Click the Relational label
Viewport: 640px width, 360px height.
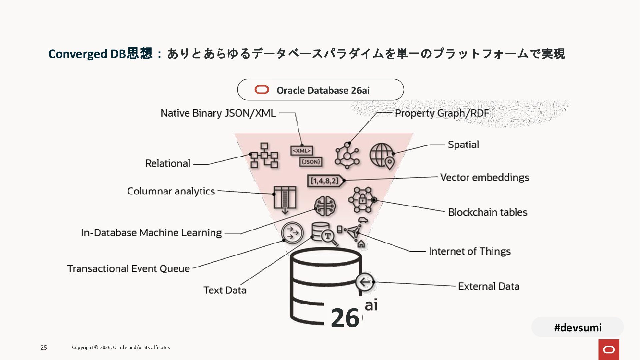click(168, 163)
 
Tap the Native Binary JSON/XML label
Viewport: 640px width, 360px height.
click(218, 113)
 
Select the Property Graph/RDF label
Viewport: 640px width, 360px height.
click(442, 113)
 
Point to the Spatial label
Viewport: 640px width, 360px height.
click(463, 145)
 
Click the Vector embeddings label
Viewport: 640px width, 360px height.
click(484, 177)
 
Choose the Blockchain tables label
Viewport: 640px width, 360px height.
click(487, 212)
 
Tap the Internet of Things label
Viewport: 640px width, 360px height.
click(469, 251)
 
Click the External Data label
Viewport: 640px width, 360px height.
click(489, 286)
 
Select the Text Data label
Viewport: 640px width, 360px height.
click(225, 290)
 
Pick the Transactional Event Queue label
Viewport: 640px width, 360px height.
click(128, 269)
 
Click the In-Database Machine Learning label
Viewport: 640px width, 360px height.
click(151, 233)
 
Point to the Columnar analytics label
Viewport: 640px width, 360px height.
click(171, 191)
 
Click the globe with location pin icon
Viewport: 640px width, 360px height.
click(382, 156)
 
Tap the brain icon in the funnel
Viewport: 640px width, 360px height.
click(325, 206)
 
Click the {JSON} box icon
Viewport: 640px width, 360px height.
click(311, 162)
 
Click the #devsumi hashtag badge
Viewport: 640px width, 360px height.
click(578, 327)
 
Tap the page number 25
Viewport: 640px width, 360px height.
click(44, 348)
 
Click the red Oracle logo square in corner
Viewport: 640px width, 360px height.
click(609, 349)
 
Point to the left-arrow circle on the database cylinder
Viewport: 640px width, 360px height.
click(364, 282)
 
